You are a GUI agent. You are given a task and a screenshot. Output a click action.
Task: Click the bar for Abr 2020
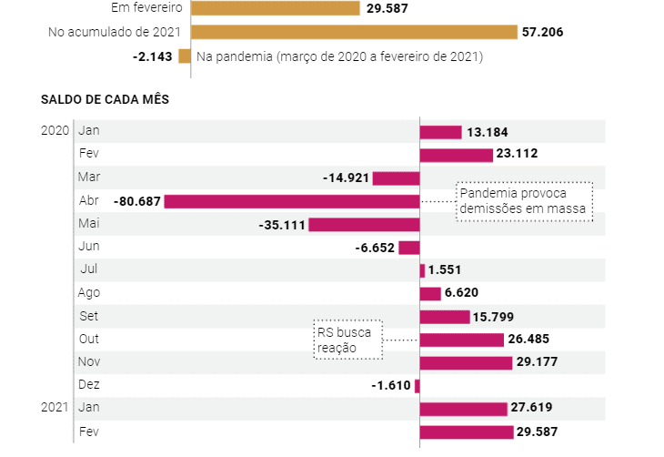click(291, 200)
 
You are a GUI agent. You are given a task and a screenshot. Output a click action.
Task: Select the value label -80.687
click(136, 200)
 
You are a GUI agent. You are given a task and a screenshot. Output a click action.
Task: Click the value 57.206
click(543, 32)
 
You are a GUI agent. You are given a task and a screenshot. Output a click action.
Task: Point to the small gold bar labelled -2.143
click(185, 56)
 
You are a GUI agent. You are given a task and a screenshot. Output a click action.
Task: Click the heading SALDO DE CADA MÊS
click(105, 98)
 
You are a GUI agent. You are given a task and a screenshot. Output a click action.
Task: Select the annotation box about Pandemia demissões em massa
click(524, 202)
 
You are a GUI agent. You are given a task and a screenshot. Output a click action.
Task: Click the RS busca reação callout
click(347, 340)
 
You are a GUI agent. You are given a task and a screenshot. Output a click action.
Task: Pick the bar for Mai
click(364, 224)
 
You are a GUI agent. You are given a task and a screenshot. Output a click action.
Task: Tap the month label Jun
click(89, 247)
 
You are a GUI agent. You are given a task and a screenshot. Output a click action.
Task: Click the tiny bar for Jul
click(422, 270)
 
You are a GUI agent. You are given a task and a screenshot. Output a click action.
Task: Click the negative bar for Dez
click(417, 385)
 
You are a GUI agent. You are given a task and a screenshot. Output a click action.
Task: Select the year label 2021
click(55, 407)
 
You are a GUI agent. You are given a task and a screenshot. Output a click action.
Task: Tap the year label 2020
click(55, 130)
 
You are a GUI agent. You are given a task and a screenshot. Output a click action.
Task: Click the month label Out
click(89, 339)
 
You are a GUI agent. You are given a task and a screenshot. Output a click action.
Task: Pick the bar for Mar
click(396, 178)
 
